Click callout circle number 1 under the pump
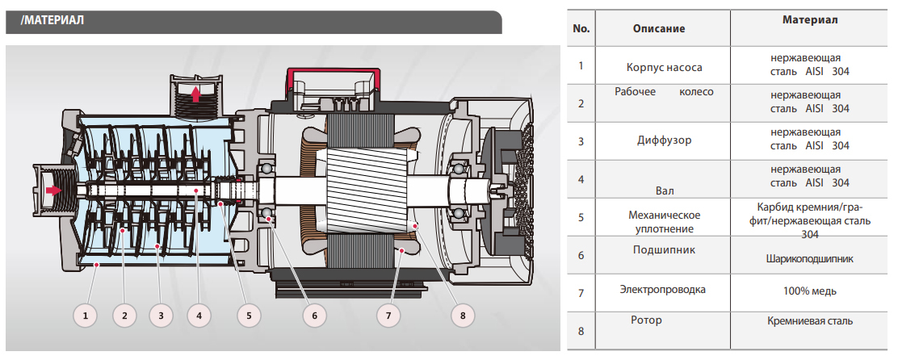(88, 316)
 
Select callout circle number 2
(124, 316)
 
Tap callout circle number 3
(162, 316)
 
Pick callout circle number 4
(199, 316)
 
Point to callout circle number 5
(249, 316)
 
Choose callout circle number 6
(314, 316)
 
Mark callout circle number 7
(388, 316)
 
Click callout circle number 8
(463, 316)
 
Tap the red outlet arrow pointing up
(195, 94)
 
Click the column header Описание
(658, 28)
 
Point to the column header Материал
(810, 19)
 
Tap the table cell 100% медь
(809, 291)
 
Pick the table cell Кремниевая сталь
(809, 321)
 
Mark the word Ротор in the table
(646, 320)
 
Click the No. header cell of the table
(581, 28)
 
